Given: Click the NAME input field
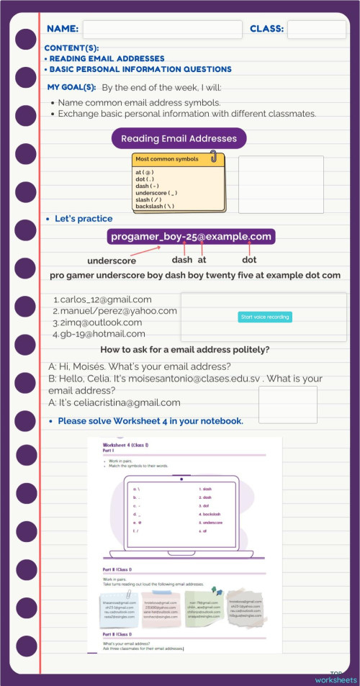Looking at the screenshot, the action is coord(162,30).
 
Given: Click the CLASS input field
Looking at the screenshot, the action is coord(316,30).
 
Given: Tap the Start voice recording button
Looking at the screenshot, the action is coord(265,317).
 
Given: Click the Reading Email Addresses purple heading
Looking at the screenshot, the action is coord(179,139).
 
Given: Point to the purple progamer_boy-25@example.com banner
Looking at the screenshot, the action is coord(191,237).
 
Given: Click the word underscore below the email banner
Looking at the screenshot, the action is coord(112,261).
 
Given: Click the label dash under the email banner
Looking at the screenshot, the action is coord(182,260).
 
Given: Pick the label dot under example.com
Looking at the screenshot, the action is coord(249,260).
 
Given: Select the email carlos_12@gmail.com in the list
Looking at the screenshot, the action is coord(105,299).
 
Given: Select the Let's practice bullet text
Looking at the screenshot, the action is coord(84,218).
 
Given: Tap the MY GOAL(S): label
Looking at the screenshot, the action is coord(71,87).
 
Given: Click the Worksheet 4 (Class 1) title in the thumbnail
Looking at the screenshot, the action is coord(125,446).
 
